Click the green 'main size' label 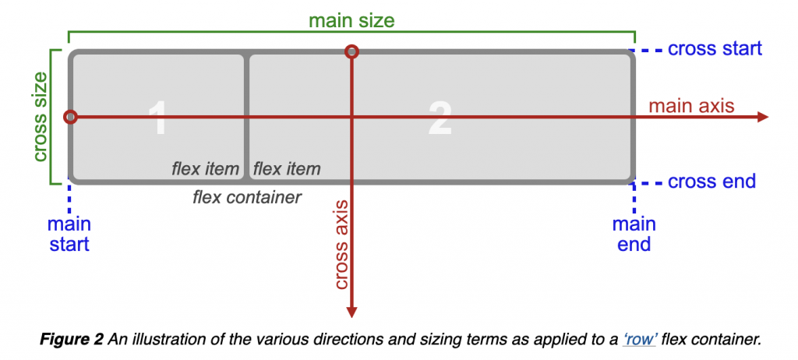[x=351, y=19]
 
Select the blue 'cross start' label [x=715, y=48]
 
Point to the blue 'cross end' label [x=711, y=182]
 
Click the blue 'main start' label [x=69, y=234]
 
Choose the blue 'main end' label [x=634, y=234]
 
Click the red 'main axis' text [x=691, y=106]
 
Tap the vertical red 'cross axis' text [x=341, y=244]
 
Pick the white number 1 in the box [x=157, y=118]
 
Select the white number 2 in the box [x=440, y=118]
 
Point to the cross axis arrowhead [x=351, y=312]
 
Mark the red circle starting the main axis [x=70, y=117]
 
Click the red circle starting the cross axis [x=351, y=52]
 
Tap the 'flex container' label [x=247, y=197]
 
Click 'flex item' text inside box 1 [x=206, y=168]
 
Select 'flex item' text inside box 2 [x=287, y=168]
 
